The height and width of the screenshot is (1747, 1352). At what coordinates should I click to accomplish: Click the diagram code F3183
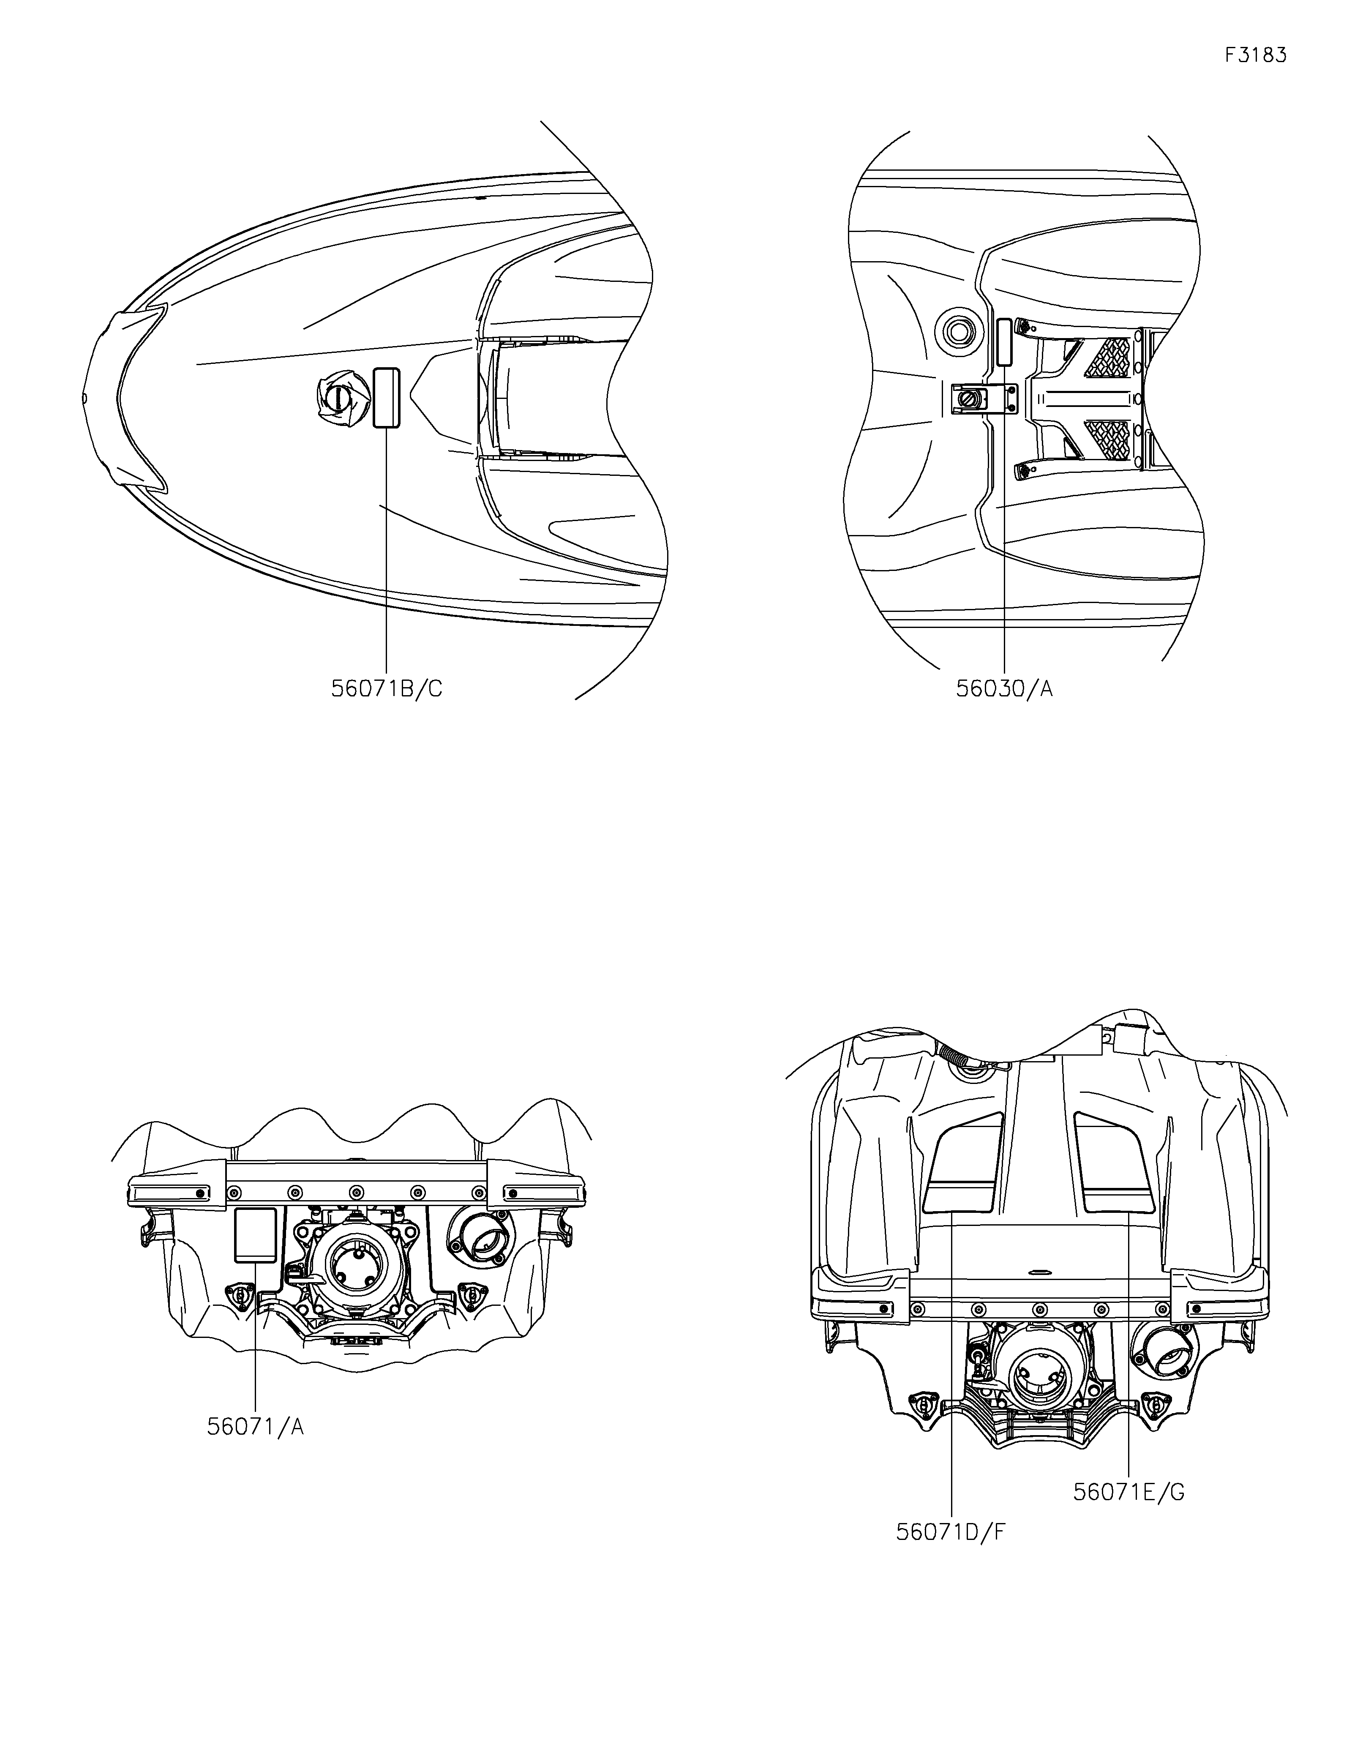(1255, 55)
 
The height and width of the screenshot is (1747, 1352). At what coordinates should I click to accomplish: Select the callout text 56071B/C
(386, 689)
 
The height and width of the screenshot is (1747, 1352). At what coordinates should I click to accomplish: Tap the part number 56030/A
(1004, 689)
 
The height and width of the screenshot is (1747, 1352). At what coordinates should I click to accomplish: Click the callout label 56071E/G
(1128, 1492)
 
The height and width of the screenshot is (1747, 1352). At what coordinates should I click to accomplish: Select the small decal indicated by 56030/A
(1004, 341)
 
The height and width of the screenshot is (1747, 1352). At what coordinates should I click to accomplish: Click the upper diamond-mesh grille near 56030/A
(1112, 358)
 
